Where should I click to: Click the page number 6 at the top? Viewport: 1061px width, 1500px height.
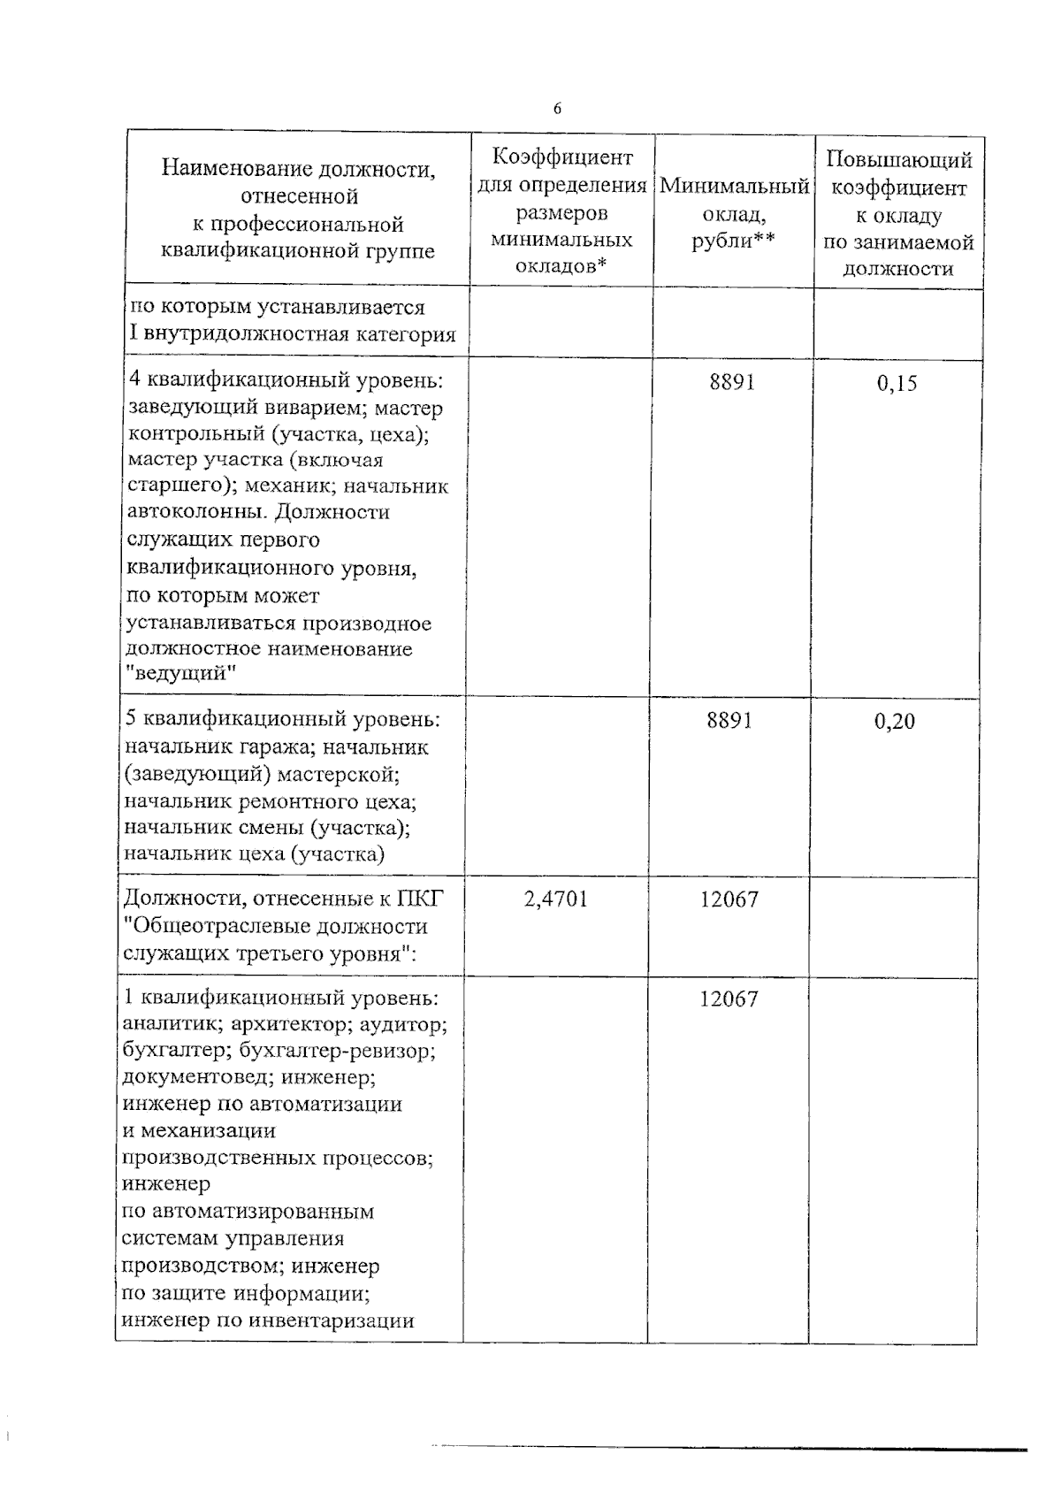[556, 109]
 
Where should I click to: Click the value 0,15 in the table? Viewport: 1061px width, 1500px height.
[897, 384]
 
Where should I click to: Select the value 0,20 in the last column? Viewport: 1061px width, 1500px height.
[894, 723]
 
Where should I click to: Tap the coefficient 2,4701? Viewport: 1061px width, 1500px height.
[556, 899]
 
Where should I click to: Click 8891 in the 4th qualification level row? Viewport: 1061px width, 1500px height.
[731, 382]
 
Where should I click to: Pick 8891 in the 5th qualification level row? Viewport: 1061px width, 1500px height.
[729, 721]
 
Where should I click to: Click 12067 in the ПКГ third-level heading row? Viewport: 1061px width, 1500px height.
[729, 899]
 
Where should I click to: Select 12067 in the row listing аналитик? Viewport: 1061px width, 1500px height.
[729, 999]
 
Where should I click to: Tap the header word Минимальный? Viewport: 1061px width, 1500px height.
[735, 187]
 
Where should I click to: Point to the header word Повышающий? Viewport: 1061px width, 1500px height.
[899, 160]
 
